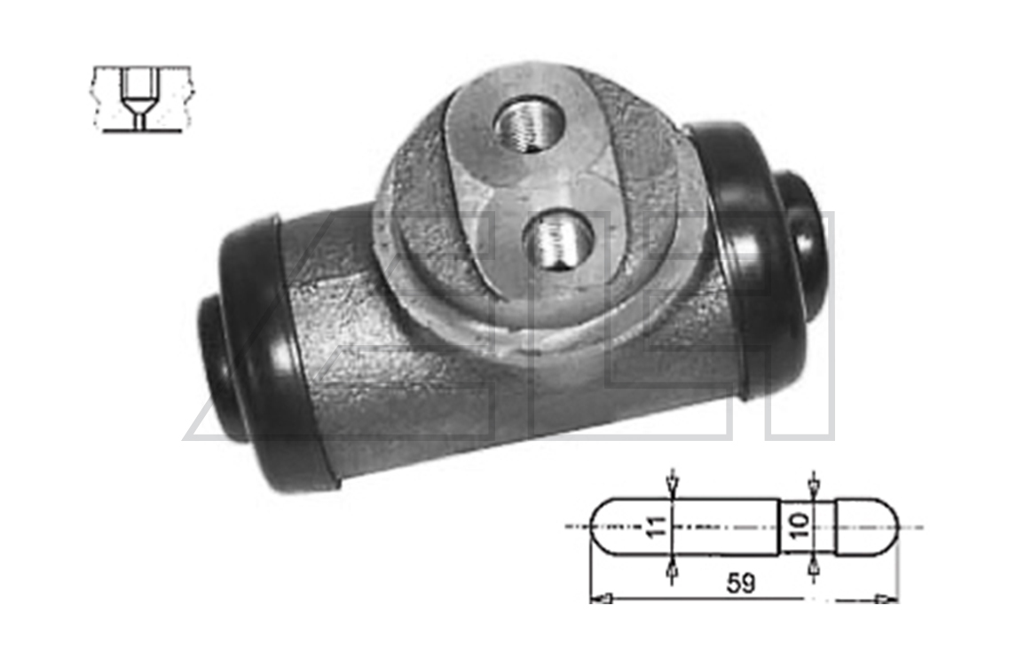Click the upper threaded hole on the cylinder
[530, 123]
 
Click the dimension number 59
[741, 583]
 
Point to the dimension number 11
[657, 526]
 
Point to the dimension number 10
[800, 525]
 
